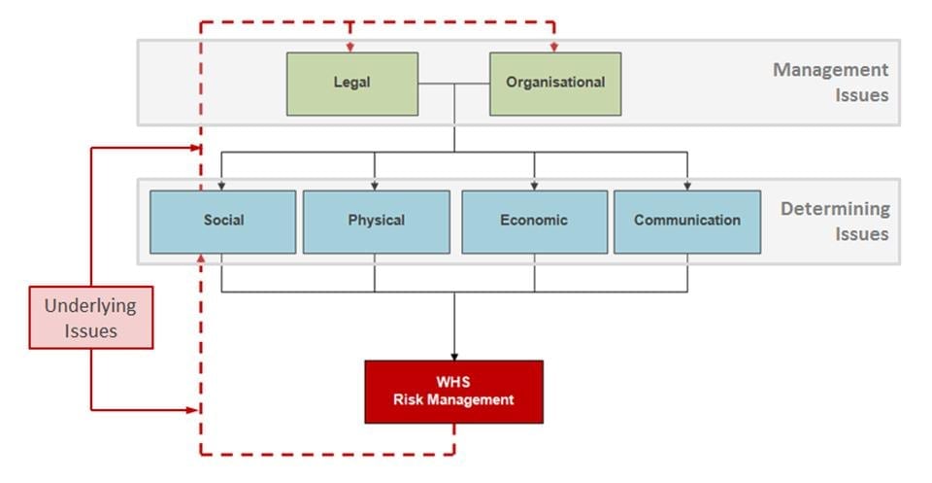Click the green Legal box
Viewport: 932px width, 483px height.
[x=351, y=84]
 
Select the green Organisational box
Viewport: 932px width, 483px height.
[x=554, y=84]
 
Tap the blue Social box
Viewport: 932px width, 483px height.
[x=223, y=221]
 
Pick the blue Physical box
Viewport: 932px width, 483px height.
[x=376, y=221]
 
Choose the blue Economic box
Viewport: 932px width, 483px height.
[x=534, y=221]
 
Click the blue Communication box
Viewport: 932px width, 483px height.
[x=687, y=221]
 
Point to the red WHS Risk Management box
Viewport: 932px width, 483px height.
[x=453, y=392]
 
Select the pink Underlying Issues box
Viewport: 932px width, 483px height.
[x=90, y=318]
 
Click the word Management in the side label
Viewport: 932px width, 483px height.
[x=830, y=70]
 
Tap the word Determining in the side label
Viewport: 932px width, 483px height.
[x=835, y=209]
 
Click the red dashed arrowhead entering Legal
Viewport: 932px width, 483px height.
[x=350, y=47]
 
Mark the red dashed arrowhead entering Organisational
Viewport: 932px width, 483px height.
[x=554, y=47]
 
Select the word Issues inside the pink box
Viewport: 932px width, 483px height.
[x=90, y=330]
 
